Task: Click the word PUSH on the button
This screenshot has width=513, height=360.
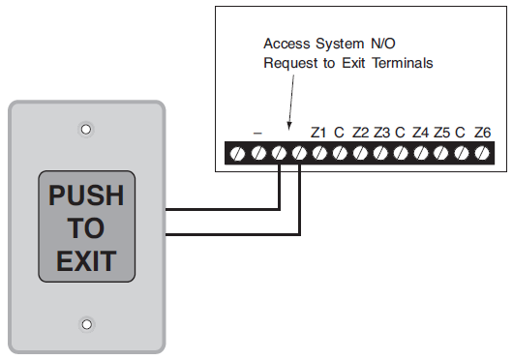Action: (x=86, y=196)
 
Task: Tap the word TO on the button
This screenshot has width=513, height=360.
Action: (x=86, y=228)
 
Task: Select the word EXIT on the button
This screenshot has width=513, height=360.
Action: (x=86, y=260)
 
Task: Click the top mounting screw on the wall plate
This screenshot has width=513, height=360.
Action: (x=86, y=128)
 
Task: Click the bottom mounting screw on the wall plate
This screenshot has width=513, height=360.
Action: (x=86, y=324)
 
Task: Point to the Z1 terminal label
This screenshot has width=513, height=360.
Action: (x=319, y=132)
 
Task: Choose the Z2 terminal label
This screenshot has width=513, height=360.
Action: (x=360, y=132)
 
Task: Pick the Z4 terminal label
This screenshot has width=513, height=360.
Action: (x=421, y=132)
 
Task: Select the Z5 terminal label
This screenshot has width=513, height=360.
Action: (x=442, y=132)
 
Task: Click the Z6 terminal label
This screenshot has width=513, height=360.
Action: (x=483, y=132)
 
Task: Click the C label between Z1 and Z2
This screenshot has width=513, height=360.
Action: (x=340, y=132)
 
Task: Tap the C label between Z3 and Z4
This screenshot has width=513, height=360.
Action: (x=401, y=132)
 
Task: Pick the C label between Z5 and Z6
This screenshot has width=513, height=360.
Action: (x=462, y=132)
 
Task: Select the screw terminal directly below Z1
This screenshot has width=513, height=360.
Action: (x=319, y=153)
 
